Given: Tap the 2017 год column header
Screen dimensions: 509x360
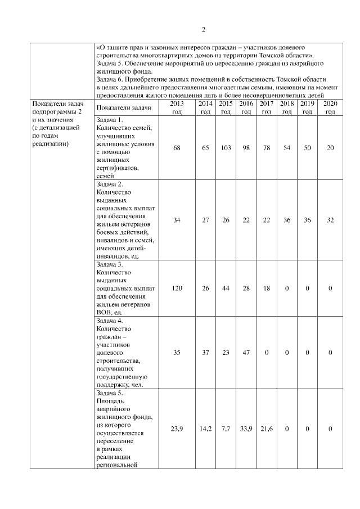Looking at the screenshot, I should coord(267,108).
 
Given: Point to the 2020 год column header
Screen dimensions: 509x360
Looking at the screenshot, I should coord(330,108).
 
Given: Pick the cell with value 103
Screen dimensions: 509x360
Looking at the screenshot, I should coord(226,147).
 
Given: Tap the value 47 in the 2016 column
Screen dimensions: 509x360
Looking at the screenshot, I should coord(246,353).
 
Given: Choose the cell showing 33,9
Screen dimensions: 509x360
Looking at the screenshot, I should coord(246,429).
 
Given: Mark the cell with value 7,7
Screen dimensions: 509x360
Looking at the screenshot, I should coord(226,429).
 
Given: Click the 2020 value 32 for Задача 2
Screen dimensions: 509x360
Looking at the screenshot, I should coord(330,220).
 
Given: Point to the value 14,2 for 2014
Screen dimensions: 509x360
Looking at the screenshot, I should coord(205,429).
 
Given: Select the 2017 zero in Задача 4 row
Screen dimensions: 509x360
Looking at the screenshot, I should coord(267,353).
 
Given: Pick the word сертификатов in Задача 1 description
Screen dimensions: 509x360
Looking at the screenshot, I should coord(118,168).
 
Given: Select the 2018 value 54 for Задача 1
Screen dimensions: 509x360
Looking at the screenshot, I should coord(287,147).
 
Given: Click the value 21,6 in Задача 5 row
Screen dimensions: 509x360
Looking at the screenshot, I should coord(267,429).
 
